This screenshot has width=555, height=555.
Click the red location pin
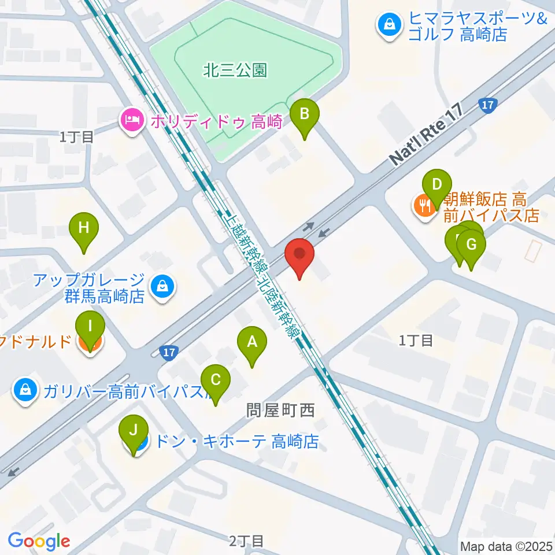pos(299,255)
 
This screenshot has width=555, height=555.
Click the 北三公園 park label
pos(235,71)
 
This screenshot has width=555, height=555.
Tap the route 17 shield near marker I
pos(168,353)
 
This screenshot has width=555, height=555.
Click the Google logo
pos(39,541)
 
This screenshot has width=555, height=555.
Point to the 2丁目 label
pos(246,541)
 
